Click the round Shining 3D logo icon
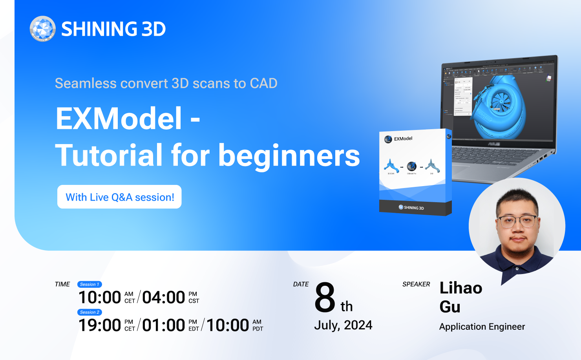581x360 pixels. [42, 29]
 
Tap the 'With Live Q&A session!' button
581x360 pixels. [119, 197]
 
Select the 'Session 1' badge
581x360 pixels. [90, 284]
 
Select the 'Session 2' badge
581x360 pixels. [90, 312]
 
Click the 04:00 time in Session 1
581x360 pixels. [163, 298]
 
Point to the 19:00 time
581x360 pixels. [100, 325]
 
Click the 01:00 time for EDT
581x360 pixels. [163, 325]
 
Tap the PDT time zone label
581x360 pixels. [258, 329]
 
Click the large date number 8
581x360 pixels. [325, 298]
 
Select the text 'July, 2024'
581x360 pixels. [343, 325]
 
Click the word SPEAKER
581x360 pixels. [416, 284]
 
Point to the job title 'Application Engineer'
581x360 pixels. [482, 327]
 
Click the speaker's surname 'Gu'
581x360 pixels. [450, 307]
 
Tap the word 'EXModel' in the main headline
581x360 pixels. [119, 118]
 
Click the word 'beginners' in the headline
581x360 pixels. [289, 155]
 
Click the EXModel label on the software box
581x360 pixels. [403, 139]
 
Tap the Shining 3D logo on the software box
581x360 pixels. [411, 208]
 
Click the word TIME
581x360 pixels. [62, 284]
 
